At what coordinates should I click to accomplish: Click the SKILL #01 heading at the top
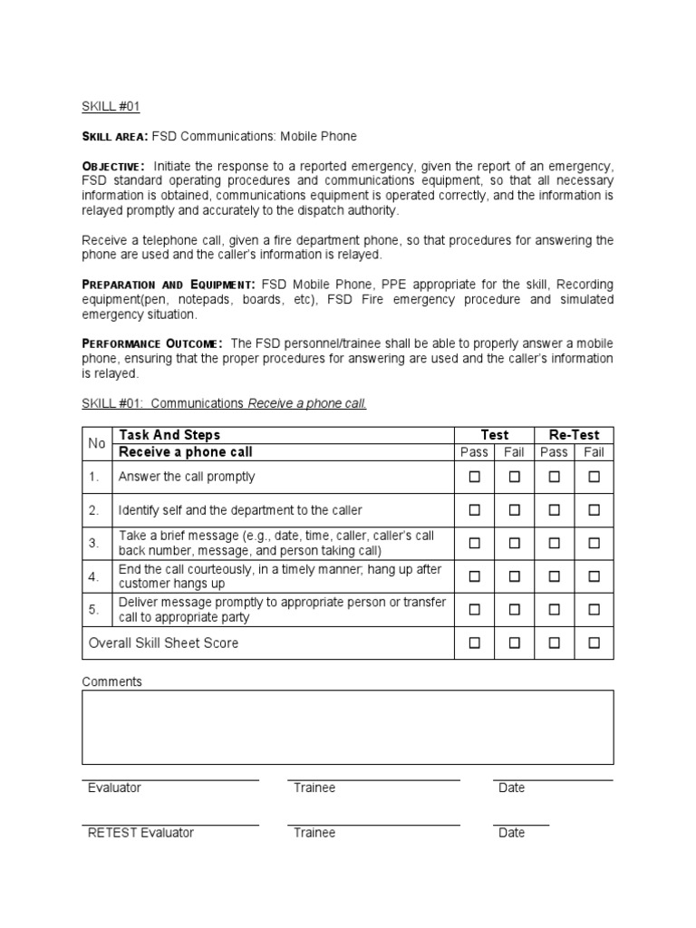tap(111, 106)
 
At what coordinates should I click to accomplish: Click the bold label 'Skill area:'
tap(114, 137)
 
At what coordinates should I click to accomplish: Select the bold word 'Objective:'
tap(113, 167)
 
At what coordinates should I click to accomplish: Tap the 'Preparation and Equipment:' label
tap(169, 285)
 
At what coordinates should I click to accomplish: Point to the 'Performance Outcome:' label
tap(152, 343)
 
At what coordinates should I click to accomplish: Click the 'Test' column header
tap(494, 435)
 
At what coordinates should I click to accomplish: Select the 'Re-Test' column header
tap(574, 435)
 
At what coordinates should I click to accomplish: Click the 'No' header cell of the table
tap(96, 443)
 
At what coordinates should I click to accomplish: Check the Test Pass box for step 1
tap(474, 477)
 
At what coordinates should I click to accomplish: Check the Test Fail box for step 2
tap(514, 510)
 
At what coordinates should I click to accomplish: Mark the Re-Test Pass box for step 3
tap(554, 543)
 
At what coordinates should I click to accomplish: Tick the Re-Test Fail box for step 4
tap(594, 576)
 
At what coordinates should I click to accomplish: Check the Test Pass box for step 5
tap(474, 610)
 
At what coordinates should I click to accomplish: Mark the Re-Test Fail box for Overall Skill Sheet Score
tap(594, 643)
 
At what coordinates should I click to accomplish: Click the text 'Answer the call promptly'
tap(187, 477)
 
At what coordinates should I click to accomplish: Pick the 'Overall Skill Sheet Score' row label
tap(163, 643)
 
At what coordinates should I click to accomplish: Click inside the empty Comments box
tap(348, 727)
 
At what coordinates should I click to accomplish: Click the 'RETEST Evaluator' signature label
tap(140, 833)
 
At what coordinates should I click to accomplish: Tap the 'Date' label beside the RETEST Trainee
tap(511, 833)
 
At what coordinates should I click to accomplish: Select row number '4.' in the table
tap(93, 576)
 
